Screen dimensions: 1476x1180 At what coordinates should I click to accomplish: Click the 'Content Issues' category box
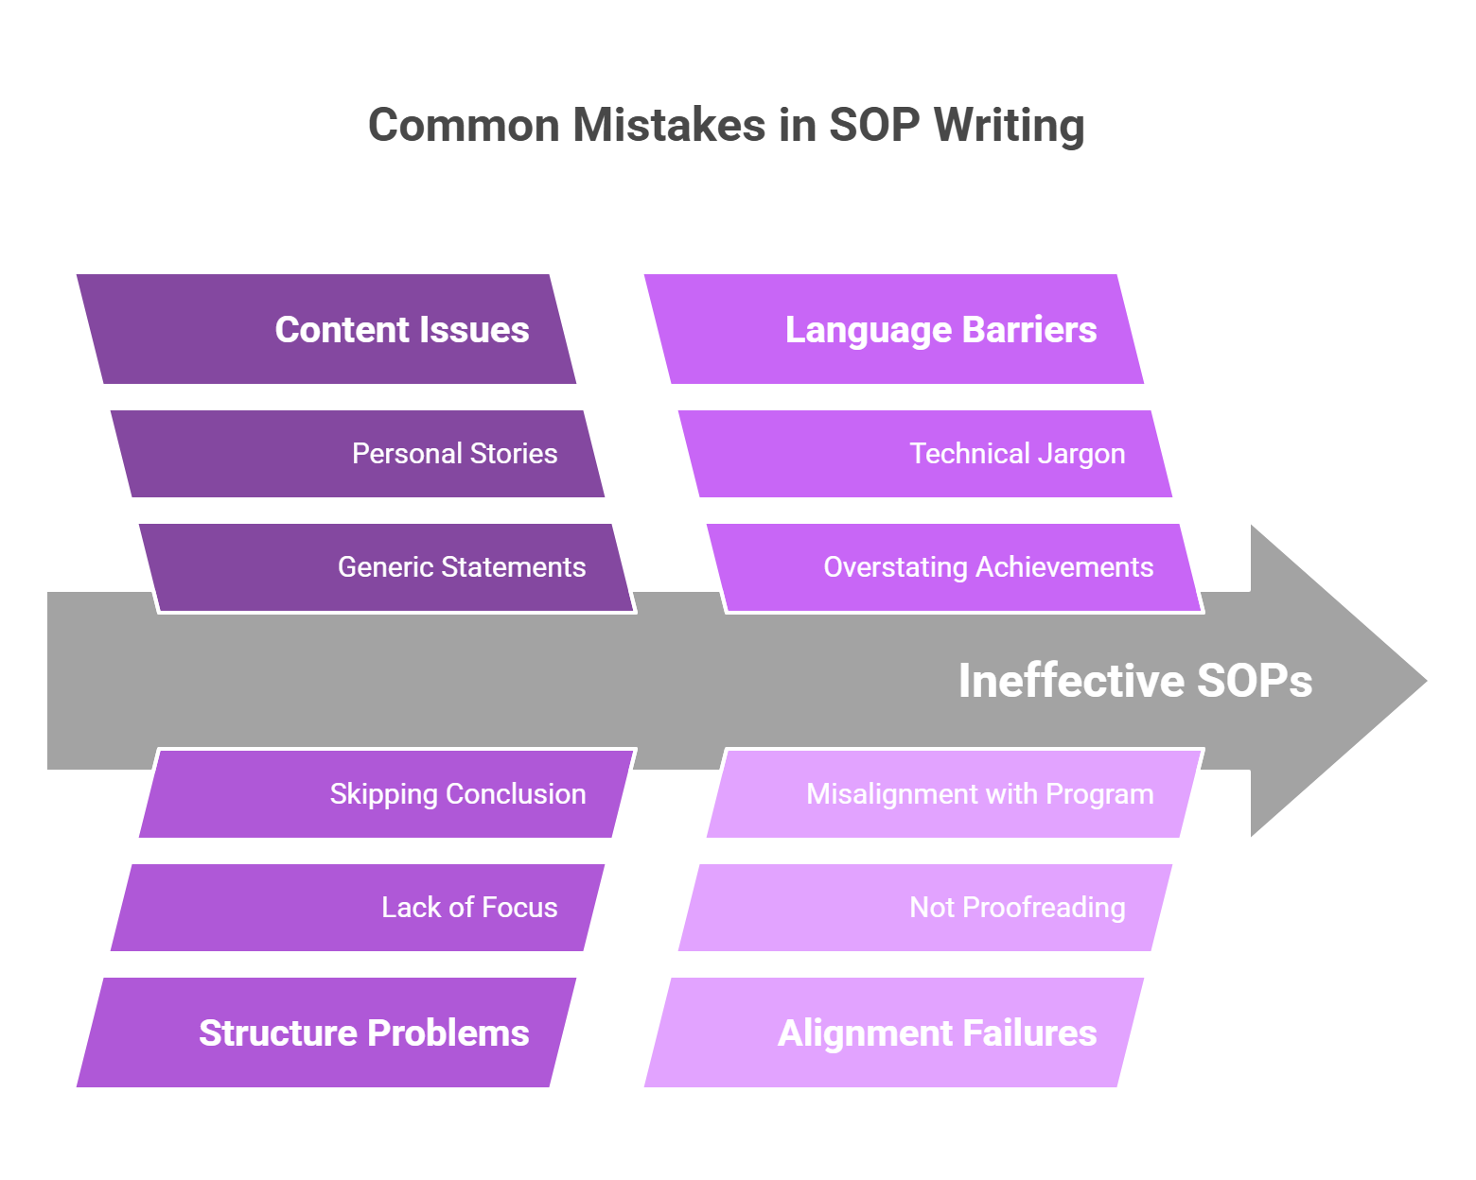click(326, 329)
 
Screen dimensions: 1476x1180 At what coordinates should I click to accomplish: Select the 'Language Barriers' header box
click(894, 329)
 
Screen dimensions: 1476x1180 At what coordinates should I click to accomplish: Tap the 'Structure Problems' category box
click(326, 1032)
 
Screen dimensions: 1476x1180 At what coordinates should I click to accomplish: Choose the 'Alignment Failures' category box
click(894, 1032)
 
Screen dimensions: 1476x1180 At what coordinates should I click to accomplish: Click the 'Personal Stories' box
click(358, 454)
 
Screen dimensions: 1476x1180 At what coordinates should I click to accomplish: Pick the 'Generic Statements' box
click(386, 567)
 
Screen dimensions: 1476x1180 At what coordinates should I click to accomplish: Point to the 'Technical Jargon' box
click(925, 454)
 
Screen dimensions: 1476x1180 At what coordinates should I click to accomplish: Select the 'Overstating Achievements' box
click(954, 567)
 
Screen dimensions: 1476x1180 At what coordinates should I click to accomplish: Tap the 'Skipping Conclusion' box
click(386, 794)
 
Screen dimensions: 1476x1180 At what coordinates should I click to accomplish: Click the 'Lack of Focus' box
click(358, 908)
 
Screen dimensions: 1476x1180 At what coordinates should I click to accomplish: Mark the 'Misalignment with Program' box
click(954, 794)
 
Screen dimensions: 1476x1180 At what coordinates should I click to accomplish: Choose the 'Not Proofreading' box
click(925, 908)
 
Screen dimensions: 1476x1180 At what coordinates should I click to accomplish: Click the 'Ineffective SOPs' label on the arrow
click(1135, 681)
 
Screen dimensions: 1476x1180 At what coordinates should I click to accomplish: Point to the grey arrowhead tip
click(1427, 681)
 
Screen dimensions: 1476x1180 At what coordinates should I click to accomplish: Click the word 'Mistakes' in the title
click(669, 126)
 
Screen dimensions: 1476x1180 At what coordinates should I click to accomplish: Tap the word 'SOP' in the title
click(874, 126)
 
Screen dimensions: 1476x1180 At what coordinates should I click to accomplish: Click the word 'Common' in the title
click(464, 126)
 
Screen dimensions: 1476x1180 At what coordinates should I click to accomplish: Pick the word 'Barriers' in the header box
click(1028, 329)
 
